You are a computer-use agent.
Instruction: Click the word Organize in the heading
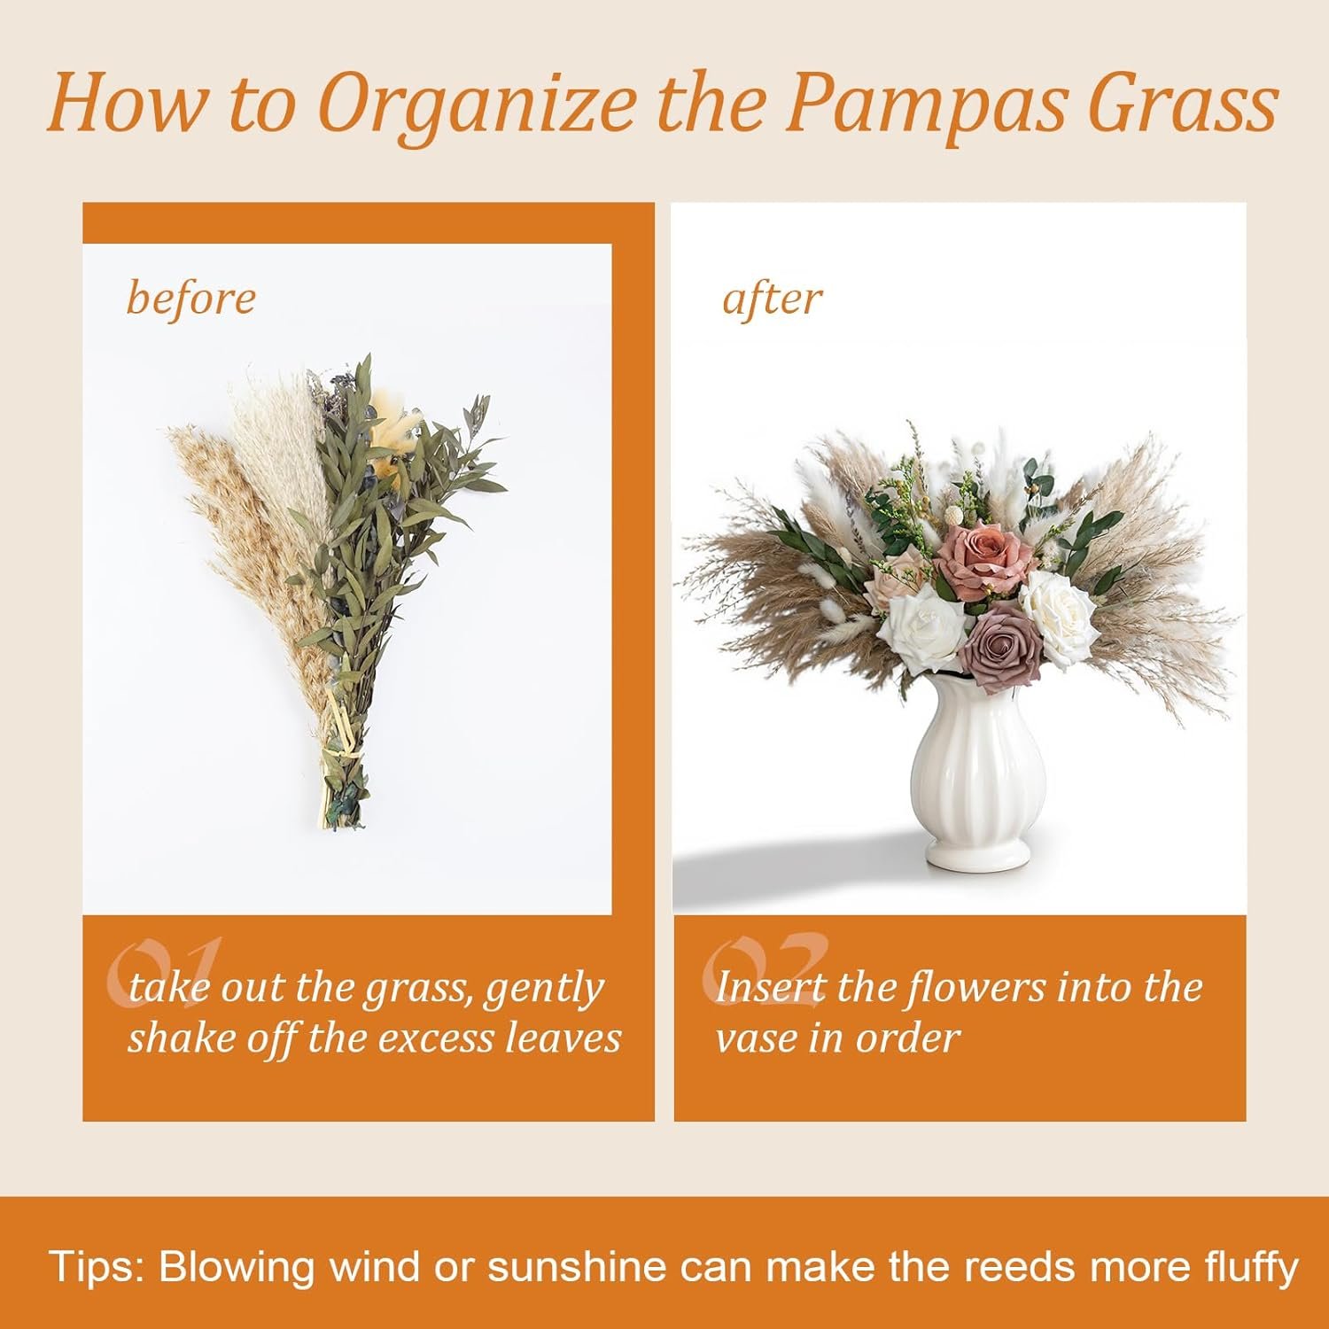(x=478, y=105)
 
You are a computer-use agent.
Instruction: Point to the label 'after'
(x=772, y=298)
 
